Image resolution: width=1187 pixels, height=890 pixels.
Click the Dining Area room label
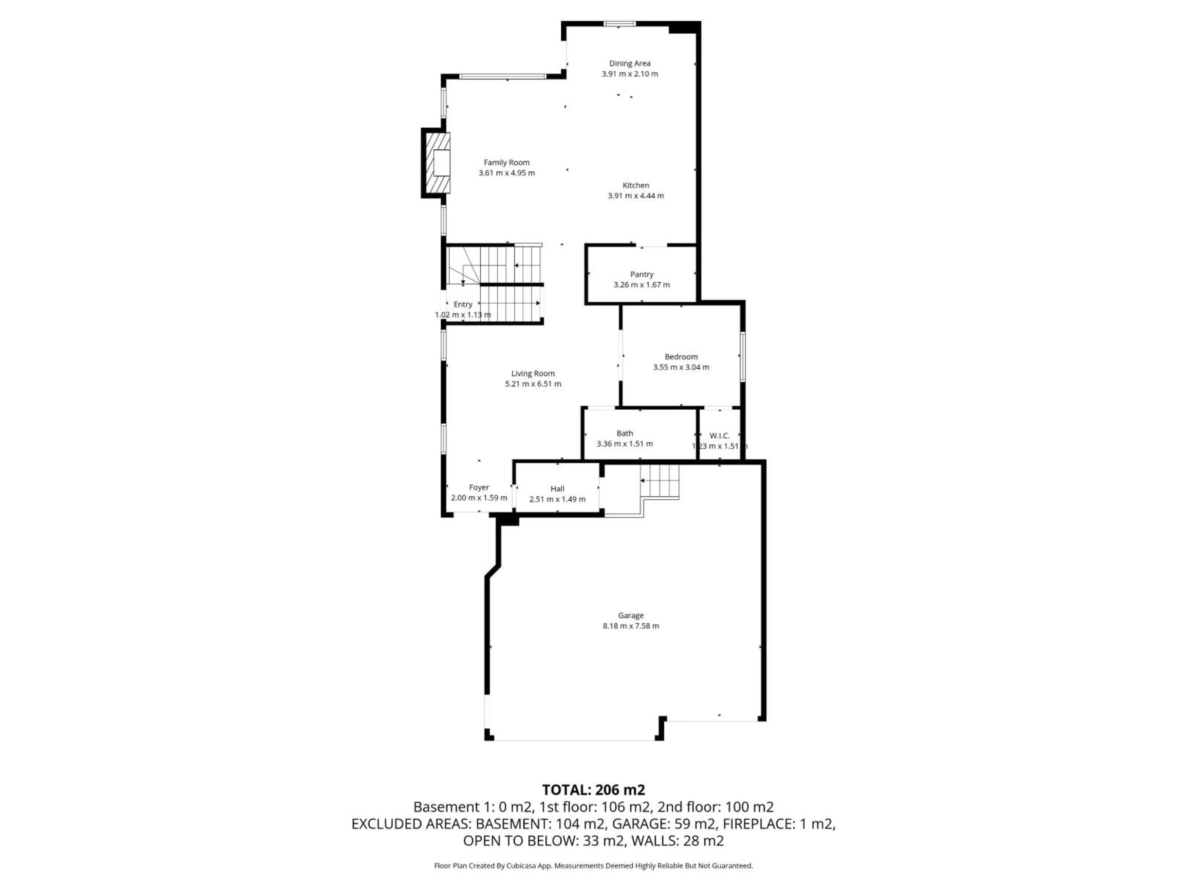(x=629, y=63)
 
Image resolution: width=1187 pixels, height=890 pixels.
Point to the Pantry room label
(x=642, y=274)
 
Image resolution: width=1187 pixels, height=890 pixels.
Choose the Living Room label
(x=533, y=373)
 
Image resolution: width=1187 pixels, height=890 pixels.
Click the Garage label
(x=631, y=615)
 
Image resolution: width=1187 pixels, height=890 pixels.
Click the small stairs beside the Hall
(x=660, y=481)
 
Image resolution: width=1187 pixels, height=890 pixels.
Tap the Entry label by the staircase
(x=462, y=304)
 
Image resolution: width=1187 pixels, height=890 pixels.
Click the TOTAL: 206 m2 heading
(x=593, y=790)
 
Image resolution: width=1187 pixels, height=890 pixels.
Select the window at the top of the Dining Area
(x=620, y=23)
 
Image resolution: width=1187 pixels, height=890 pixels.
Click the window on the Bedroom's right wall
(x=743, y=357)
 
